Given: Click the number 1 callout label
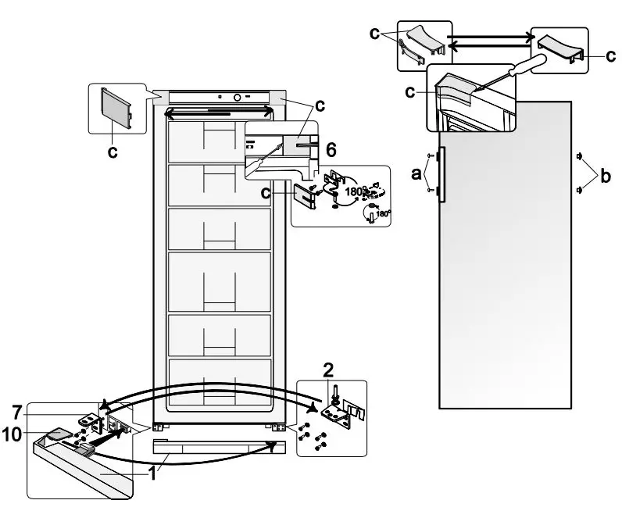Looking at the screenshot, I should coord(154,473).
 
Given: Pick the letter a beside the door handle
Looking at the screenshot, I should coord(417,173).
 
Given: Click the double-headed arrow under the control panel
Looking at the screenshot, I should coord(219,113).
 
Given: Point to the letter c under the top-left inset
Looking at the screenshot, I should coord(114,152).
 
